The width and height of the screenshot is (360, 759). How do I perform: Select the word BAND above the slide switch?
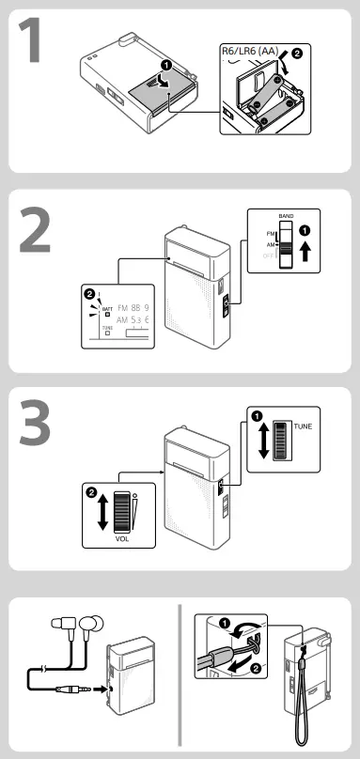287,215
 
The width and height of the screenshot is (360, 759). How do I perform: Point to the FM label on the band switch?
270,232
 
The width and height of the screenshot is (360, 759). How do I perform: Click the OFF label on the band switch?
270,255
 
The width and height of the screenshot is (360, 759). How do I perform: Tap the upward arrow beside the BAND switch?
305,251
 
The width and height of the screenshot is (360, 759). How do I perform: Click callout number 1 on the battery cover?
166,66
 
